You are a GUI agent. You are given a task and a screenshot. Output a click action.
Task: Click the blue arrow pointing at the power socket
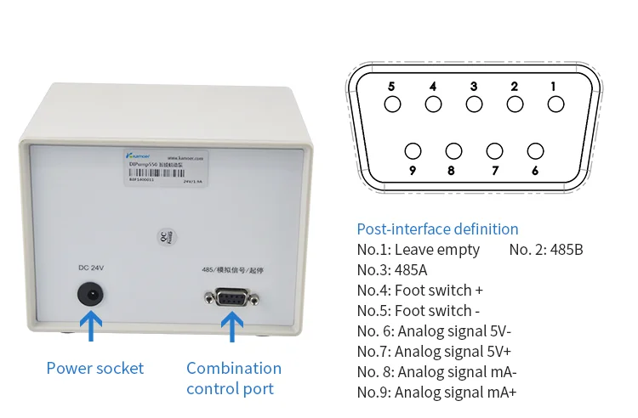[x=91, y=326]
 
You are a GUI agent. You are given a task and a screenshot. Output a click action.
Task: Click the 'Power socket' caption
[x=94, y=368]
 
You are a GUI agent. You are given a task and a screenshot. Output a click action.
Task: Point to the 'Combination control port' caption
[x=233, y=378]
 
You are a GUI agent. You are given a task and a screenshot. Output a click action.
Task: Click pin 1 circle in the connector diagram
[x=555, y=104]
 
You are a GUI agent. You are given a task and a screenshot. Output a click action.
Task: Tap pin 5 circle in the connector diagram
[x=392, y=104]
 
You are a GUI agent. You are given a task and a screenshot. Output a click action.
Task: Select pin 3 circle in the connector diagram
[x=474, y=104]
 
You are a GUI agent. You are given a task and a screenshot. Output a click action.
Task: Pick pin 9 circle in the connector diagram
[x=413, y=151]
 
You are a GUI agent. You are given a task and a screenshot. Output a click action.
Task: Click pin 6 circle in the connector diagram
[x=535, y=151]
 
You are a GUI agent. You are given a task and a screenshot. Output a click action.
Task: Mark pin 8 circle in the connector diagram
[x=454, y=151]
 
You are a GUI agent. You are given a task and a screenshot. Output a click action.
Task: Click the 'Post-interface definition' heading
[x=437, y=229]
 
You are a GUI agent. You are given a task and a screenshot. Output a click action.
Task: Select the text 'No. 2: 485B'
[x=545, y=250]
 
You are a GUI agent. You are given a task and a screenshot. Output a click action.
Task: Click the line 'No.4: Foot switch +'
[x=419, y=291]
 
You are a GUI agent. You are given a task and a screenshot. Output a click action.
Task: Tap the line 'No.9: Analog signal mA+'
[x=436, y=392]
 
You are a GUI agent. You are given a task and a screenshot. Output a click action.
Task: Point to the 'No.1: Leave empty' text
[x=418, y=250]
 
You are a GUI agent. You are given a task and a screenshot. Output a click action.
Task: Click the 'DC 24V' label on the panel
[x=91, y=268]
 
